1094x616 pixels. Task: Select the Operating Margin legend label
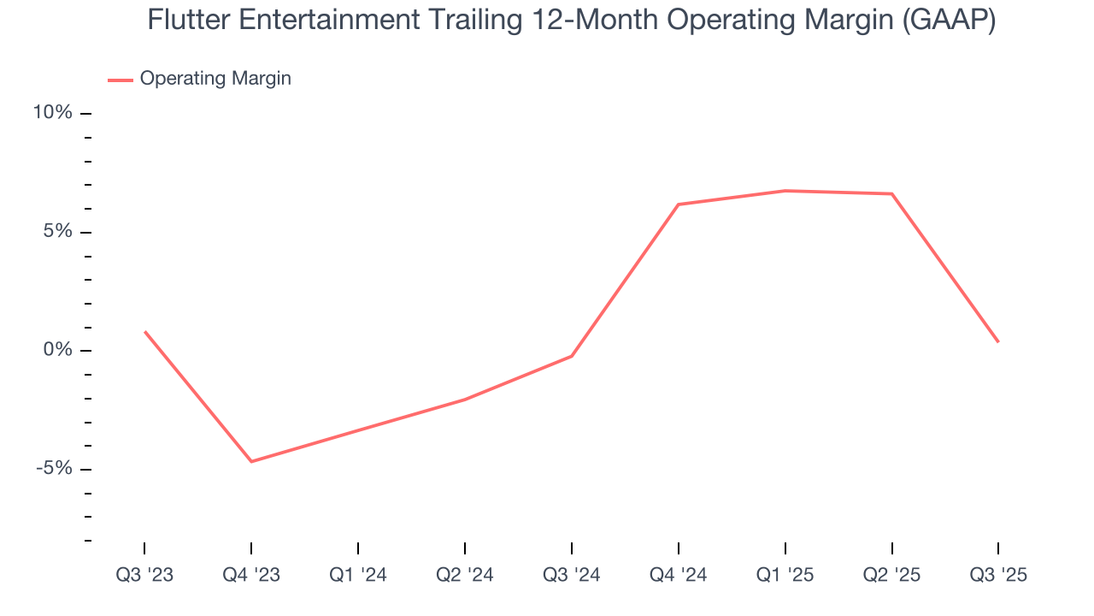click(x=215, y=79)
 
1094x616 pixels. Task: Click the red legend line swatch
click(x=120, y=80)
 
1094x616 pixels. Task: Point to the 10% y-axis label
click(x=53, y=113)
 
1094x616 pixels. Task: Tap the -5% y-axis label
click(x=55, y=469)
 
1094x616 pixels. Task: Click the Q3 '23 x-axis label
click(x=144, y=575)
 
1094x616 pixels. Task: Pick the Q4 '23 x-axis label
click(x=251, y=575)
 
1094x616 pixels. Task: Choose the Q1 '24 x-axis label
click(x=358, y=575)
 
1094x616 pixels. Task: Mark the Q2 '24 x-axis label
click(x=465, y=575)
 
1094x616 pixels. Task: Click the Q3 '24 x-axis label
click(x=571, y=575)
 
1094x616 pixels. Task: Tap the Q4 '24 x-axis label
click(x=678, y=575)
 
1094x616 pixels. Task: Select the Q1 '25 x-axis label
click(x=785, y=575)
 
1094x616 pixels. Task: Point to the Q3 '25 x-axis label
click(x=998, y=575)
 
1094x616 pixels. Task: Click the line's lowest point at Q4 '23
click(x=251, y=462)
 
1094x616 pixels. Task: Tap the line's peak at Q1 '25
click(x=785, y=191)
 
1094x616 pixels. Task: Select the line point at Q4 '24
click(x=678, y=204)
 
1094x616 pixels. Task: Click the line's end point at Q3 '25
click(x=998, y=341)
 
